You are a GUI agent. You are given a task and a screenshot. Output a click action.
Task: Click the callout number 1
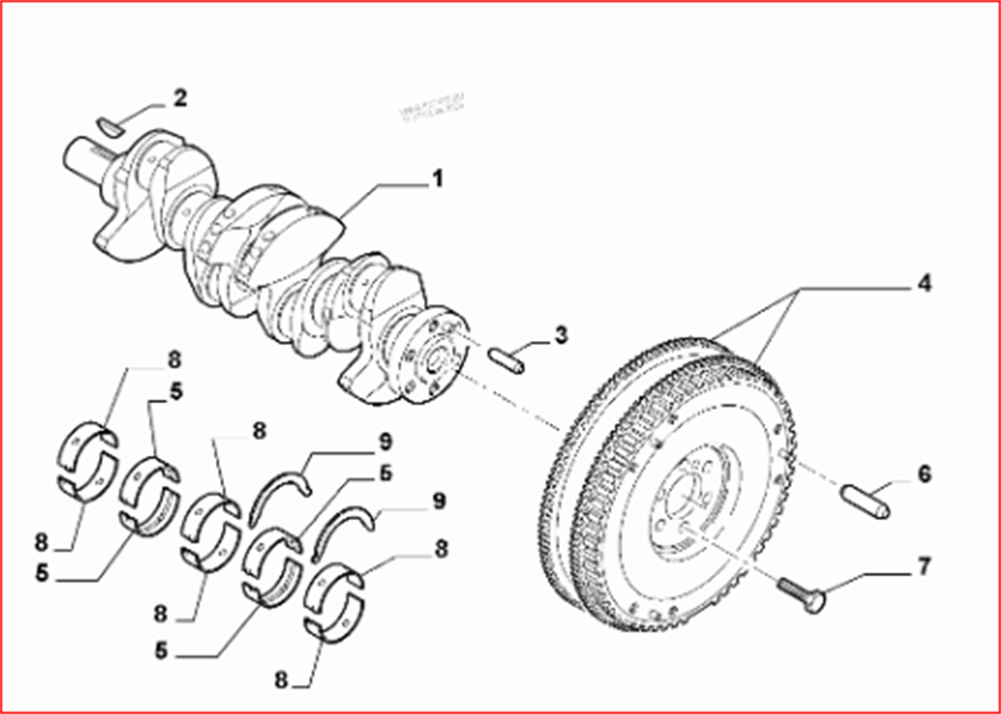pos(437,179)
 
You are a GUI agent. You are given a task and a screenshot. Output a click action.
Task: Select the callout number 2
pos(180,98)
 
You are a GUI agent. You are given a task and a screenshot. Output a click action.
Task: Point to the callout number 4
pos(923,283)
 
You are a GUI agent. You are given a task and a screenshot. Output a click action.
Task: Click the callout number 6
pos(924,474)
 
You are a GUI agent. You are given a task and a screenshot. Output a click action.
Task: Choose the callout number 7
pos(924,567)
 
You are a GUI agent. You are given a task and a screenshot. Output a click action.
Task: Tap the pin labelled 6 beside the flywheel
pos(865,501)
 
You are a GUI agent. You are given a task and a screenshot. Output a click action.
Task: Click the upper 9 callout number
pos(385,442)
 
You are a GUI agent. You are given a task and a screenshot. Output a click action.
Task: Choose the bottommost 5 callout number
pos(161,651)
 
